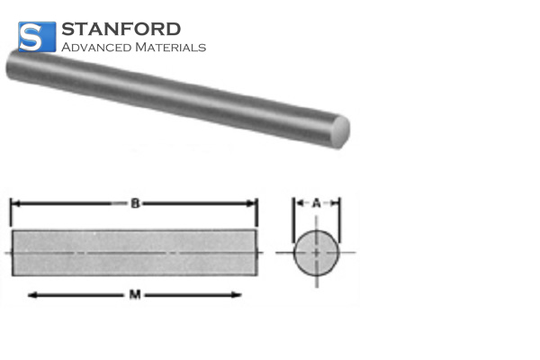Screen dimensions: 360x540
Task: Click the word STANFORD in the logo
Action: click(x=121, y=29)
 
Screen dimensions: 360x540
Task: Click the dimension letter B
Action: click(x=134, y=204)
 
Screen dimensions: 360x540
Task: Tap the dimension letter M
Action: click(x=134, y=294)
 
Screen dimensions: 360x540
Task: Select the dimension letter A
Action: click(x=317, y=204)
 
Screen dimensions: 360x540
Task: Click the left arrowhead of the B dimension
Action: click(x=15, y=204)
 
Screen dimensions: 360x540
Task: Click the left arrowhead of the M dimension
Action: click(x=33, y=294)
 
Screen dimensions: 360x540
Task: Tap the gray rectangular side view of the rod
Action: click(x=135, y=252)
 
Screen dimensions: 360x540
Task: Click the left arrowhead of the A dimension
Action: click(x=298, y=204)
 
